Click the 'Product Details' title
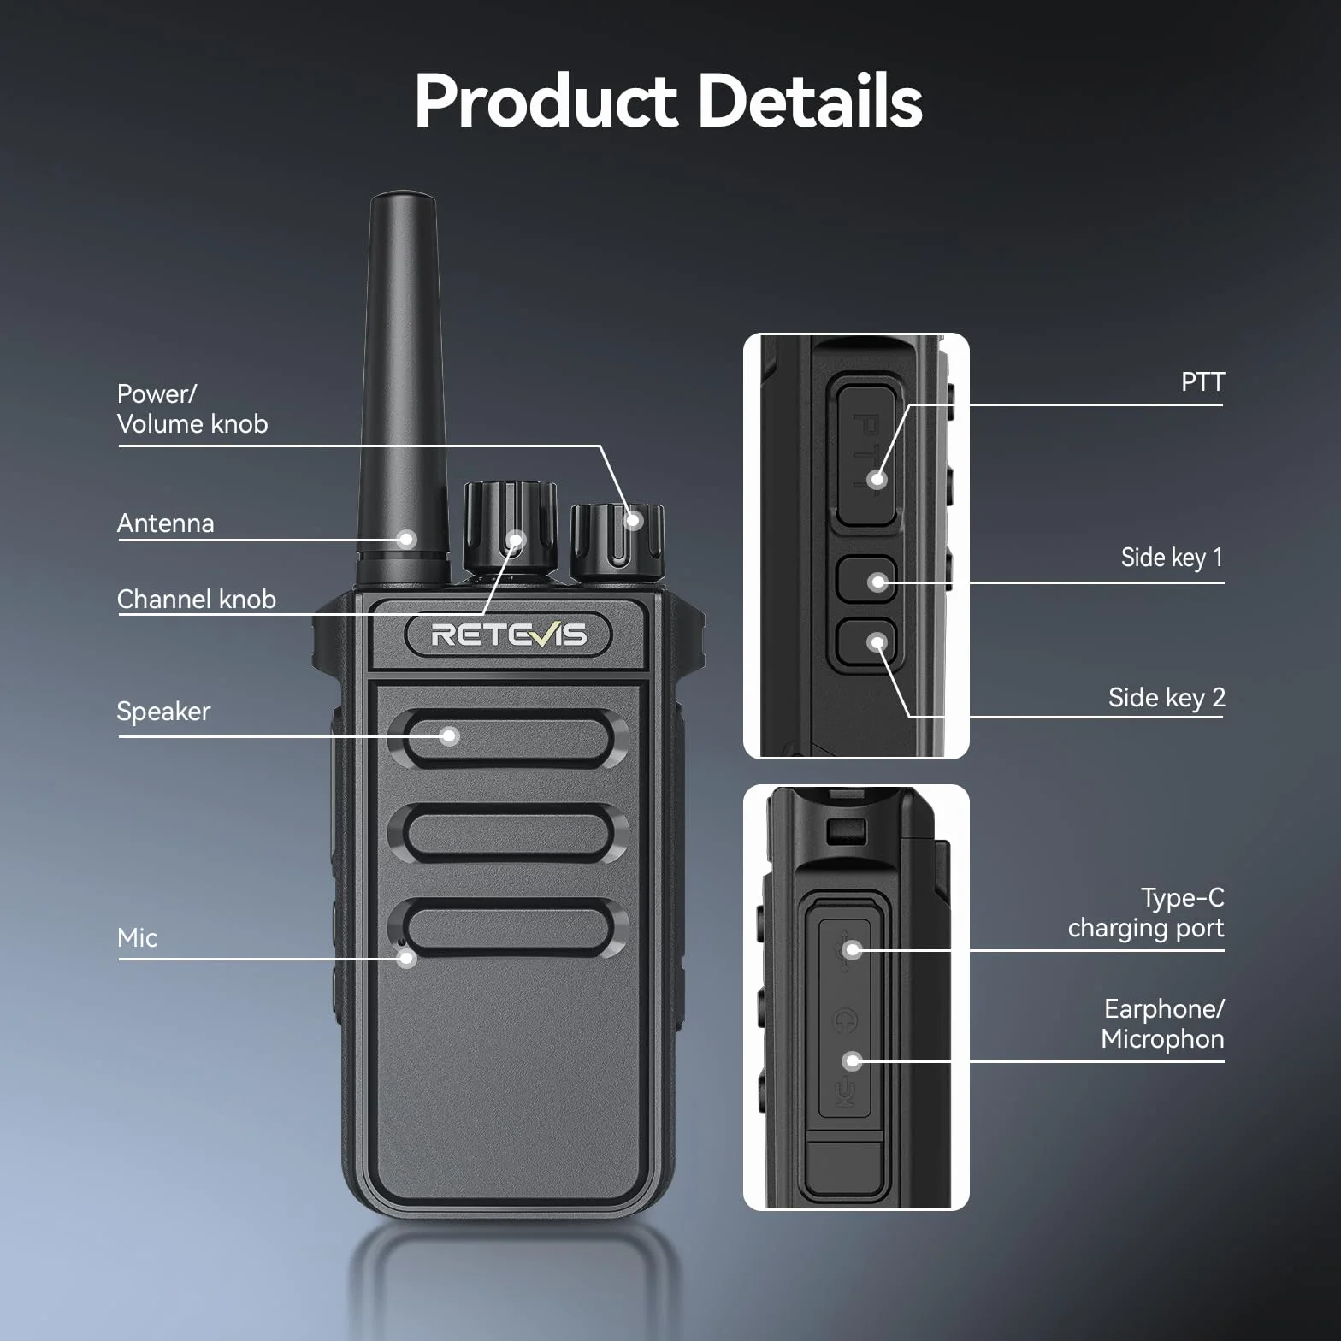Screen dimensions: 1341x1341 pyautogui.click(x=668, y=101)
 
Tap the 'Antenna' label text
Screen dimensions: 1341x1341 pyautogui.click(x=165, y=523)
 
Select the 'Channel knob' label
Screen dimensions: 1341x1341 pyautogui.click(x=196, y=599)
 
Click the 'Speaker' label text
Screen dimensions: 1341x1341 pyautogui.click(x=163, y=712)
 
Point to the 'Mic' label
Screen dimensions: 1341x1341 pyautogui.click(x=137, y=938)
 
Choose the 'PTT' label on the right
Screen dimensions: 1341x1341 pyautogui.click(x=1202, y=382)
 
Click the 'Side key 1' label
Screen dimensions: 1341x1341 pyautogui.click(x=1172, y=558)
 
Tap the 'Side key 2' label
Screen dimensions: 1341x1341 pyautogui.click(x=1167, y=698)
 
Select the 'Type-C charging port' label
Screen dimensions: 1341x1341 pyautogui.click(x=1146, y=913)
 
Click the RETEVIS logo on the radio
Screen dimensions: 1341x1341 pyautogui.click(x=508, y=635)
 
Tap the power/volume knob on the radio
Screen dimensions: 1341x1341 pyautogui.click(x=617, y=541)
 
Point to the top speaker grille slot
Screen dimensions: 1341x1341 pyautogui.click(x=508, y=740)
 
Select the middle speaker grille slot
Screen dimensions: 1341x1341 pyautogui.click(x=508, y=834)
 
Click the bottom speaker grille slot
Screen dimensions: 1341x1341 pyautogui.click(x=508, y=928)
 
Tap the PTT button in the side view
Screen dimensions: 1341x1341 pyautogui.click(x=866, y=455)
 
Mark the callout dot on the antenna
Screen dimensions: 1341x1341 pyautogui.click(x=407, y=539)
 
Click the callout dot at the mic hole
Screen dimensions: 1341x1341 pyautogui.click(x=407, y=958)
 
